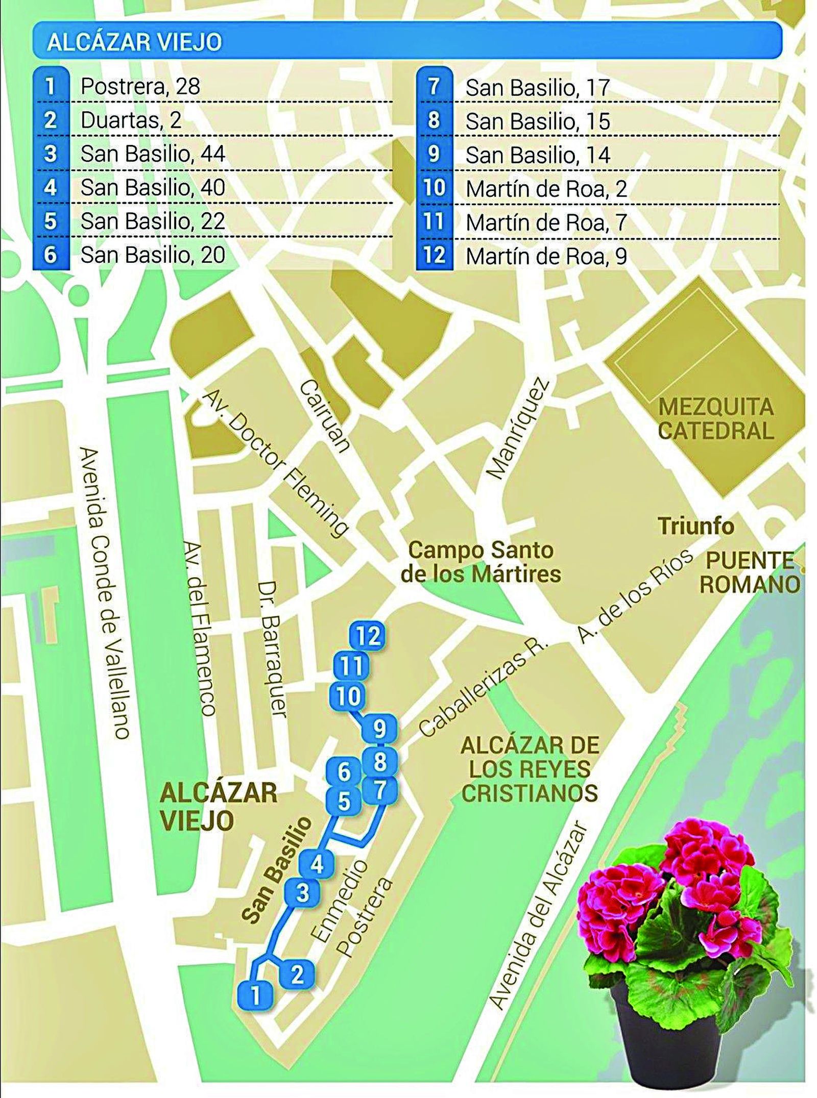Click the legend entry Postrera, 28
(x=140, y=86)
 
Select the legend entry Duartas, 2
(x=131, y=120)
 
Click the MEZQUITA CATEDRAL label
(x=715, y=419)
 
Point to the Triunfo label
(x=695, y=526)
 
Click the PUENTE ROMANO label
(x=749, y=572)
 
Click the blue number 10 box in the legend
(x=434, y=188)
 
